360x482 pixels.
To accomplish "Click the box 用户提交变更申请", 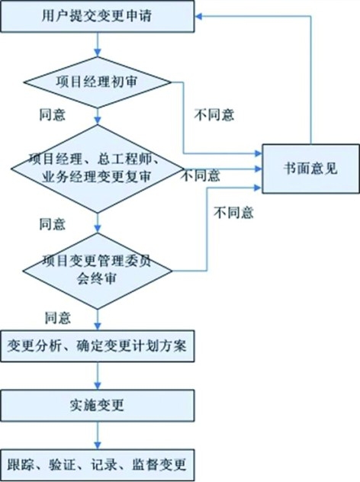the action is [x=98, y=16].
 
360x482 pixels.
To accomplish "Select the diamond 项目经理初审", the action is [x=98, y=82].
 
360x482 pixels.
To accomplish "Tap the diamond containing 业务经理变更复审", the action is [x=98, y=169].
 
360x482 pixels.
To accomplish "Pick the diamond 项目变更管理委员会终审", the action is [x=98, y=271].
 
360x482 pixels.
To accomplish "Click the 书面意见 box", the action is [x=310, y=169].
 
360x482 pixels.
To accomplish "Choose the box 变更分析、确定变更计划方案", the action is [x=98, y=346].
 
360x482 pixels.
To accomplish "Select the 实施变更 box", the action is [x=98, y=406].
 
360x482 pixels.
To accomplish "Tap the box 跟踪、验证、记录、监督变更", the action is [x=98, y=464].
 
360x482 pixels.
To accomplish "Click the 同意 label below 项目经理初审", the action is [x=53, y=114].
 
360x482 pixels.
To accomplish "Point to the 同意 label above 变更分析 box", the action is [x=58, y=317].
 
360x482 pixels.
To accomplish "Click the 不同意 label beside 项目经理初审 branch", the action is [x=214, y=114].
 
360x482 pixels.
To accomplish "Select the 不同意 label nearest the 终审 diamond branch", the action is [x=233, y=213].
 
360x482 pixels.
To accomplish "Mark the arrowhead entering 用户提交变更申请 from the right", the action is [x=198, y=16].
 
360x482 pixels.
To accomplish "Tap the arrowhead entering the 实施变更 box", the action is [x=98, y=386].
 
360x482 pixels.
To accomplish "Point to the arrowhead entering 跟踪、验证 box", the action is [x=98, y=445].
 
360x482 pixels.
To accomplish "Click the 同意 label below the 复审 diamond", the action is [x=53, y=224].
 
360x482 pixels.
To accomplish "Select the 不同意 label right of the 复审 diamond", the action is [x=201, y=175].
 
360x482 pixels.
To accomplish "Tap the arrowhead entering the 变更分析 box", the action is [x=98, y=326].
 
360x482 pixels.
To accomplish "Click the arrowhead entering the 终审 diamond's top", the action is [x=98, y=229].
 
